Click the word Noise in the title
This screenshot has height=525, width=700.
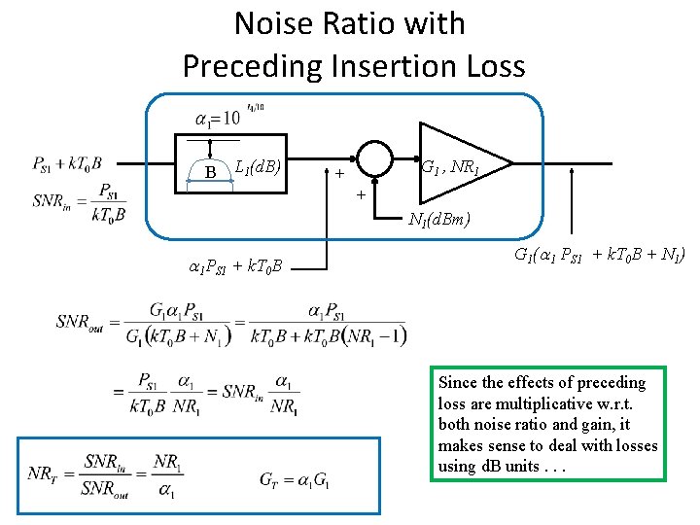point(279,23)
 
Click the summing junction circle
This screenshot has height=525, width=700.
point(374,157)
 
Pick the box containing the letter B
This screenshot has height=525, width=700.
point(211,172)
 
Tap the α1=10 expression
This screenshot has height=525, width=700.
point(218,119)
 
